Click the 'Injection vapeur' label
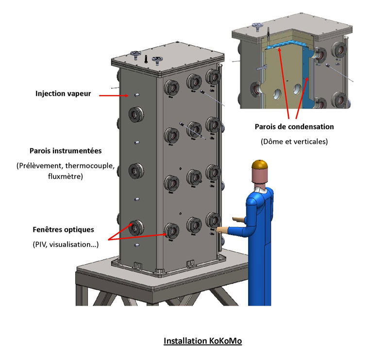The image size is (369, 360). click(63, 93)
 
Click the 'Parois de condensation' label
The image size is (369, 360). click(294, 126)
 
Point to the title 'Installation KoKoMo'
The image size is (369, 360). click(202, 341)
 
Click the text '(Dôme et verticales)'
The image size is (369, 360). click(294, 142)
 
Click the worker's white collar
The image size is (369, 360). click(262, 188)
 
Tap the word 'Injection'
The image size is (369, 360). click(50, 93)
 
